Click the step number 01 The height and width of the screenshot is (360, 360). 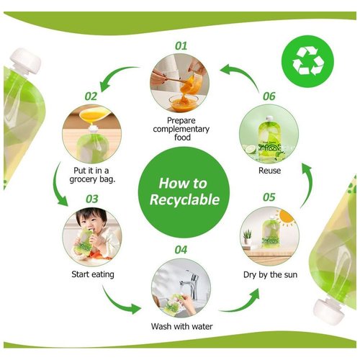coord(181,45)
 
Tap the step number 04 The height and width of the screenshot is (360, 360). coord(181,250)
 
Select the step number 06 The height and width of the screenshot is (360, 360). coord(269,96)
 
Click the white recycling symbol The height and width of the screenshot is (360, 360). coord(307,60)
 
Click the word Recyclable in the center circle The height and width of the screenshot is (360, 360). coord(184,199)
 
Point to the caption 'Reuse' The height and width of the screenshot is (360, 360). coord(269,171)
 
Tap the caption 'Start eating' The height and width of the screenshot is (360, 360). coord(93,274)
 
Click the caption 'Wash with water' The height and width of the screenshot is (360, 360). coord(181,326)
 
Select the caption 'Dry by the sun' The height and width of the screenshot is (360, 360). coord(270,274)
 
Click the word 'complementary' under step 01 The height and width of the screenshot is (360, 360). coord(181,129)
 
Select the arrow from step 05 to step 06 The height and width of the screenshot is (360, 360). coord(307,185)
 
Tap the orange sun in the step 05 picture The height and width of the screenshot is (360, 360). coord(287,217)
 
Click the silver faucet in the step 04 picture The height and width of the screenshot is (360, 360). coord(191,283)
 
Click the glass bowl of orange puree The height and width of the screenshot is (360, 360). coord(184,102)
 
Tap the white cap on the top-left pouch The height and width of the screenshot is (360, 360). coord(26,60)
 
